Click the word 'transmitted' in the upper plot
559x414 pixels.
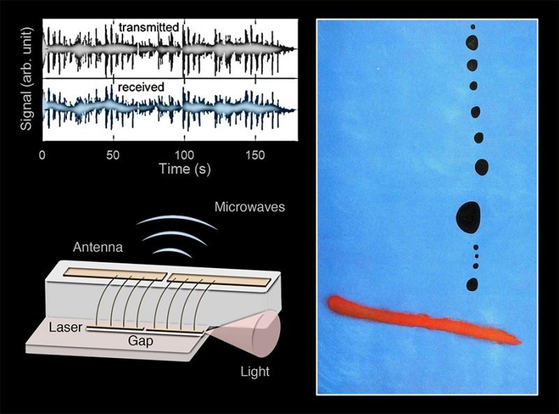click(148, 27)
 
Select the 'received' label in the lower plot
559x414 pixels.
click(141, 87)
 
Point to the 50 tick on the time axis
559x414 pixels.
click(112, 155)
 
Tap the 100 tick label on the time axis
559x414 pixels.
click(184, 155)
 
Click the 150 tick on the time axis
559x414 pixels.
click(255, 155)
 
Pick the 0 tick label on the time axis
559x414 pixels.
click(42, 155)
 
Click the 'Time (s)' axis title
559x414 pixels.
click(184, 169)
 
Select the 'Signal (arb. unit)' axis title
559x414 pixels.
click(26, 79)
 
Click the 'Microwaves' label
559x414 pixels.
click(249, 207)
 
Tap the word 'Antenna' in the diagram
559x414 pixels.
click(98, 247)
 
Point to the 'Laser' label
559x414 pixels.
click(66, 327)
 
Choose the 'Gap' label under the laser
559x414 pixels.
click(140, 341)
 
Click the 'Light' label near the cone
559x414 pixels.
click(255, 371)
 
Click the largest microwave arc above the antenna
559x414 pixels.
click(177, 222)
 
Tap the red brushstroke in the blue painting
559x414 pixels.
click(424, 320)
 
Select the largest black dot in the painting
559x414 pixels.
click(468, 218)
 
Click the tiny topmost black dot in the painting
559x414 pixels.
click(473, 27)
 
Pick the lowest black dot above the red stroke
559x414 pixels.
click(472, 285)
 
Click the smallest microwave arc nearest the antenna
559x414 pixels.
click(172, 252)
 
